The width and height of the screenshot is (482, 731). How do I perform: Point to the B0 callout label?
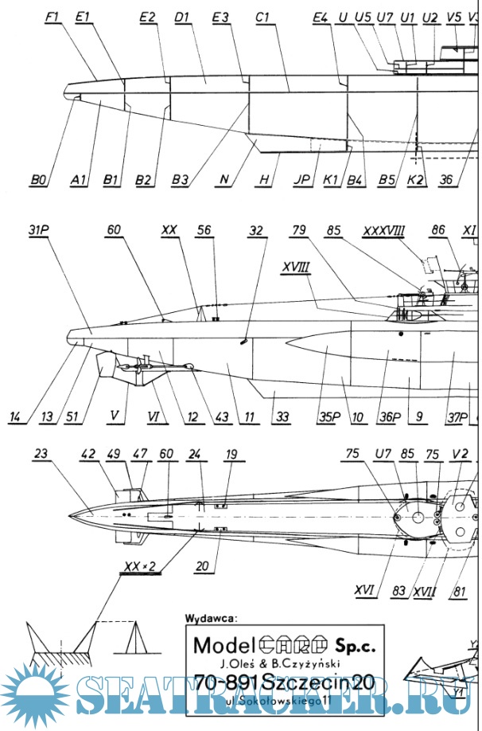click(x=38, y=181)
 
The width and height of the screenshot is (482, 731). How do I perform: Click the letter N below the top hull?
click(x=225, y=181)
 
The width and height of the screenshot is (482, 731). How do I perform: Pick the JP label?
click(x=301, y=181)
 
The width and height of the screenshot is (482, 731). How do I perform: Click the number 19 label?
click(x=231, y=455)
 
